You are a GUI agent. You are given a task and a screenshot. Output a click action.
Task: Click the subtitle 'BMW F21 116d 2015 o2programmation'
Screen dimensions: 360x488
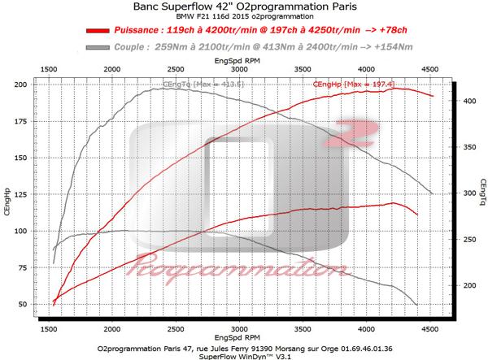[x=243, y=19]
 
